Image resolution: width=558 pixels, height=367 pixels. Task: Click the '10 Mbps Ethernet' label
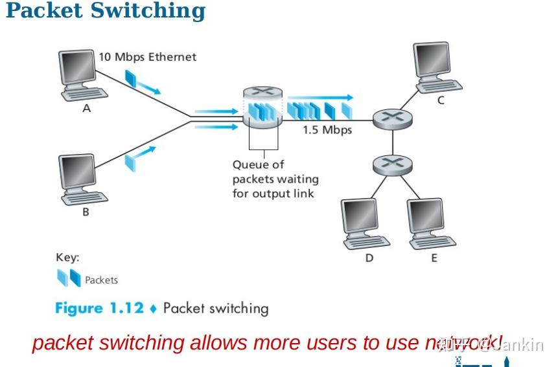click(147, 57)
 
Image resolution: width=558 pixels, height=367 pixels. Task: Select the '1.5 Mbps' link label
click(327, 130)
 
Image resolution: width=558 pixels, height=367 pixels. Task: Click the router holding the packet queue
click(262, 110)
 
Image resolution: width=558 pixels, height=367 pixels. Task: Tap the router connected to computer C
click(393, 118)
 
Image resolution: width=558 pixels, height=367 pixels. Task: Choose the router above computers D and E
click(393, 164)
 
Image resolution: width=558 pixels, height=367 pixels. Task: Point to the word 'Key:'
click(67, 258)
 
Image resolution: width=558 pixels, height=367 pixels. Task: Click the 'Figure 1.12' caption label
click(99, 308)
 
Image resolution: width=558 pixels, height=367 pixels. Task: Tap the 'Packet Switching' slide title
click(105, 11)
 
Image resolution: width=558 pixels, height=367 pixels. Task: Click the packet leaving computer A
click(131, 79)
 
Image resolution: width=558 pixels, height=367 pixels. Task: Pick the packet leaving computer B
click(132, 158)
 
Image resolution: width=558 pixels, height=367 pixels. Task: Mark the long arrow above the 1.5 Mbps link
click(320, 97)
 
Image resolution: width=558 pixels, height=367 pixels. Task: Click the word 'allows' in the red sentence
click(219, 342)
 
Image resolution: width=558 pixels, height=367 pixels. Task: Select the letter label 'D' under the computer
click(369, 258)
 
